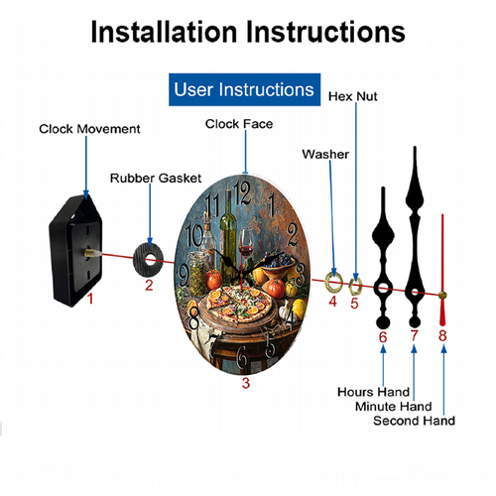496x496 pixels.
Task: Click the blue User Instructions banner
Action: pyautogui.click(x=244, y=89)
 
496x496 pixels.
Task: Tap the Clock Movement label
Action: pyautogui.click(x=89, y=129)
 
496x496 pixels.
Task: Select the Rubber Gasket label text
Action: pyautogui.click(x=156, y=178)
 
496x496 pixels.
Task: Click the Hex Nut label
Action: pyautogui.click(x=352, y=96)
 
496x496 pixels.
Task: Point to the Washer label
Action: pyautogui.click(x=325, y=154)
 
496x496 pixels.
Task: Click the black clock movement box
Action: pyautogui.click(x=75, y=251)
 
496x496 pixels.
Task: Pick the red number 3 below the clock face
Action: pyautogui.click(x=246, y=383)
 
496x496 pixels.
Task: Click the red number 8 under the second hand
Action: pyautogui.click(x=442, y=335)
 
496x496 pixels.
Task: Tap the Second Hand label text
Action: pyautogui.click(x=414, y=421)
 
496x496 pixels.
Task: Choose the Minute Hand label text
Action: pyautogui.click(x=394, y=406)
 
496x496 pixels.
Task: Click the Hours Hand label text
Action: pyautogui.click(x=374, y=392)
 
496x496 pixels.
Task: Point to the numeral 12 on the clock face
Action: pyautogui.click(x=242, y=193)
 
